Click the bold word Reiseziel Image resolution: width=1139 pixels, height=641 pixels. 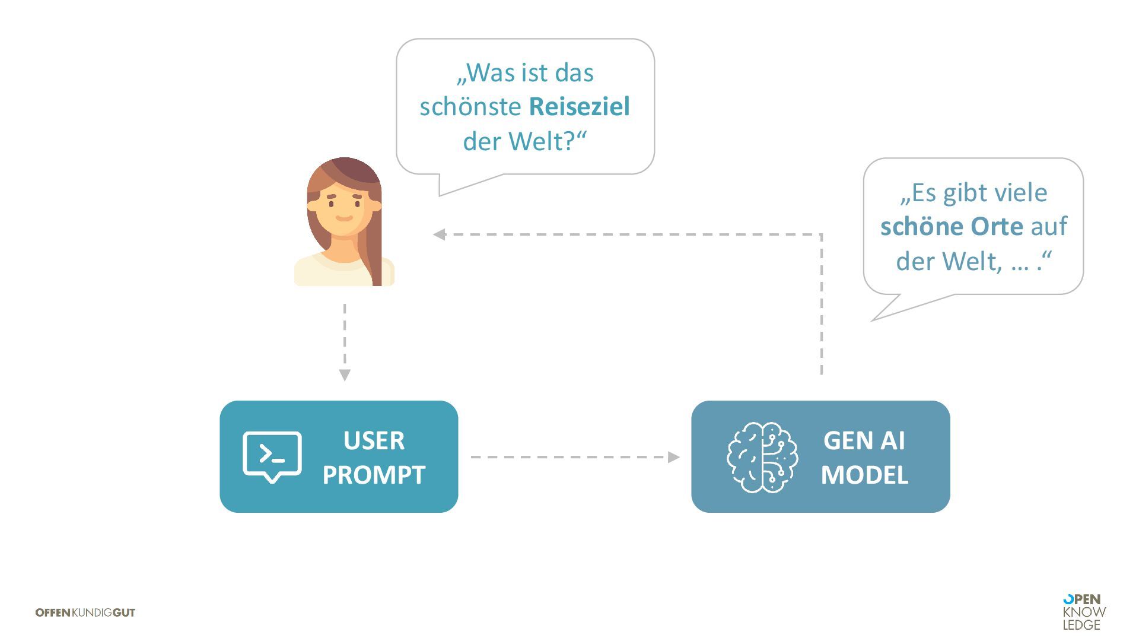point(579,107)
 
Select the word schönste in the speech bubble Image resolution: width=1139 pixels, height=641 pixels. point(470,107)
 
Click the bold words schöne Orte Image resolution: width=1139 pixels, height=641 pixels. point(952,227)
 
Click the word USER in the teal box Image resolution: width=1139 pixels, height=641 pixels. point(374,441)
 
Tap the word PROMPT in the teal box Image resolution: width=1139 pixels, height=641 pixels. point(374,475)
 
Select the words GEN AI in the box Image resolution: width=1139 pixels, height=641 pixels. point(864,441)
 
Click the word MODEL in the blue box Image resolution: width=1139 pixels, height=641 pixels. point(864,475)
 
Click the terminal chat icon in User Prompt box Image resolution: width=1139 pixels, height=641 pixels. point(272,456)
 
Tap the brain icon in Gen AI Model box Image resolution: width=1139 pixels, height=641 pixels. point(762,457)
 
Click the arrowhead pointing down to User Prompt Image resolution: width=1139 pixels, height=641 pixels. point(345,375)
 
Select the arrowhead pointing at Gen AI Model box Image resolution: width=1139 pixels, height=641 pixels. point(673,457)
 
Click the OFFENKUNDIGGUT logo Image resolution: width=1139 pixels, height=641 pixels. point(85,613)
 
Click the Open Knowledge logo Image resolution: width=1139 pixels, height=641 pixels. point(1084,612)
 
